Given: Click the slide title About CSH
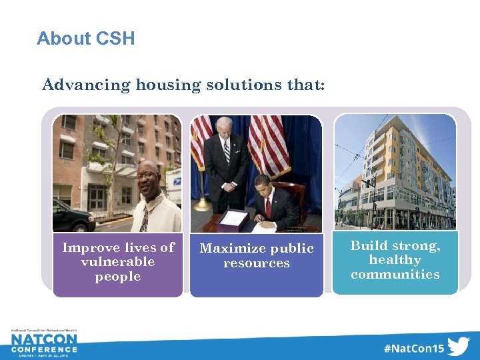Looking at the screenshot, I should (x=85, y=39).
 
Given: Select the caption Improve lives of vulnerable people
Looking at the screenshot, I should (x=118, y=262).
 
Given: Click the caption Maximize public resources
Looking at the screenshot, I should (x=257, y=256).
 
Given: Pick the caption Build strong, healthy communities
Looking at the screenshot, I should (x=395, y=260).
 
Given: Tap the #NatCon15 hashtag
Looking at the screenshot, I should (x=413, y=348).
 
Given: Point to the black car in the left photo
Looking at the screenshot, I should (x=72, y=217).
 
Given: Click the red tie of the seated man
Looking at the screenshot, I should (x=268, y=208).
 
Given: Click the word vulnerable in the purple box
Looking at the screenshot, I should (x=118, y=262).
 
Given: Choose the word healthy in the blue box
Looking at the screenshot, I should (x=395, y=260).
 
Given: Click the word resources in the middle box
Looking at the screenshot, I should (x=257, y=263).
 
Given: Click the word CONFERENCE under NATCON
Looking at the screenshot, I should (x=44, y=349).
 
